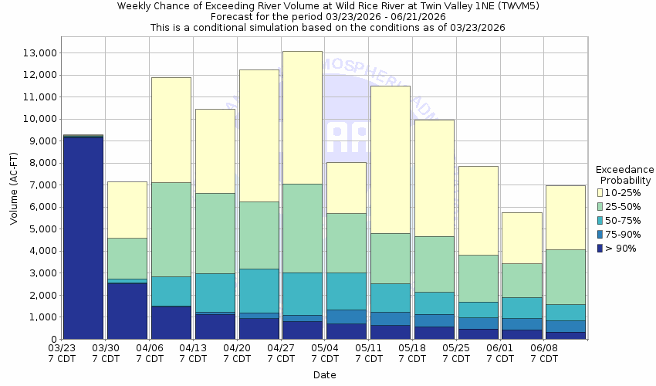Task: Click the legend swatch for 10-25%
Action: pyautogui.click(x=600, y=192)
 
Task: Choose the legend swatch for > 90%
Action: pyautogui.click(x=600, y=248)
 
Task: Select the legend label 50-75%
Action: pyautogui.click(x=623, y=220)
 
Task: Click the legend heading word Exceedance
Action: pyautogui.click(x=624, y=170)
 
